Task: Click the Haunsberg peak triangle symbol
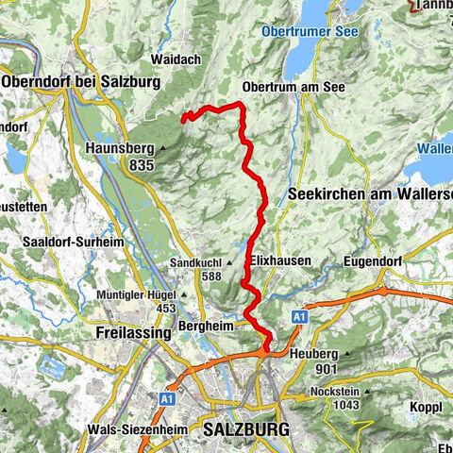point(162,148)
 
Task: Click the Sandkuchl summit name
point(196,261)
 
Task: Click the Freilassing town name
point(132,333)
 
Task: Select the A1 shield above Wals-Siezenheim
point(166,399)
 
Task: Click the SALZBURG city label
point(246,429)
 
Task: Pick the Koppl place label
point(420,407)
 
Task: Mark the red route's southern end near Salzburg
point(267,349)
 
